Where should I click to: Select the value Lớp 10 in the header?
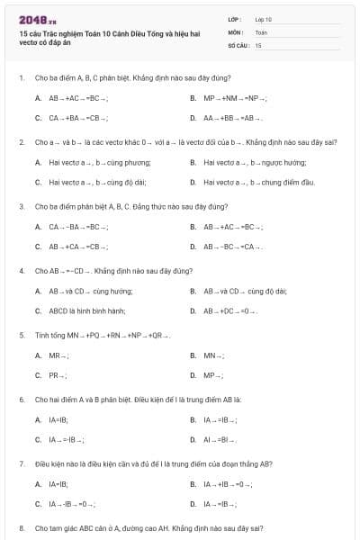point(264,19)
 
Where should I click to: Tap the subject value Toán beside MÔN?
point(261,31)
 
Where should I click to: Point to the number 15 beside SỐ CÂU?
point(258,44)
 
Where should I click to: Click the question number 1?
point(21,77)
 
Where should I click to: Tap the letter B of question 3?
point(193,227)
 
